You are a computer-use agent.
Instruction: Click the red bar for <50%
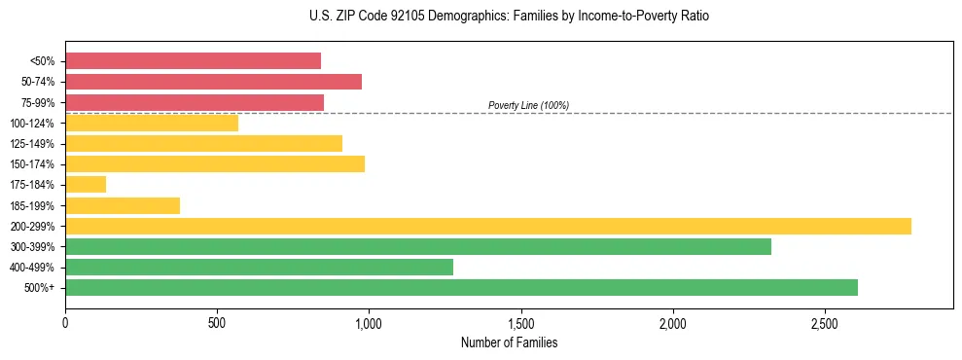tap(193, 61)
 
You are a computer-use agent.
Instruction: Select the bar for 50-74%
tap(213, 82)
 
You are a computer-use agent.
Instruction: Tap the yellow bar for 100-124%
tap(152, 123)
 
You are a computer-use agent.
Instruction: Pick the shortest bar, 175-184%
tap(86, 185)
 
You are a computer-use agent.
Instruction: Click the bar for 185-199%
tap(123, 205)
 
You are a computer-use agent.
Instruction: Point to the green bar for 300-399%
tap(418, 246)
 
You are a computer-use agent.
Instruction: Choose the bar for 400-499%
tap(259, 267)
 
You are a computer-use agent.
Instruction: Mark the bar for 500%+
tap(461, 287)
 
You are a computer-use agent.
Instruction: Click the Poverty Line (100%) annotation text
tap(528, 105)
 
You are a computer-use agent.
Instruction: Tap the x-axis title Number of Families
tap(509, 342)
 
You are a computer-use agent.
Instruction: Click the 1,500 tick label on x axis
tap(521, 323)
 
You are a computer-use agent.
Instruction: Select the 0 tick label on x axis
tap(65, 323)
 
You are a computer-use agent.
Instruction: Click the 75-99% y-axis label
tap(37, 103)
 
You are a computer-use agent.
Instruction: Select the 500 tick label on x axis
tap(217, 323)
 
